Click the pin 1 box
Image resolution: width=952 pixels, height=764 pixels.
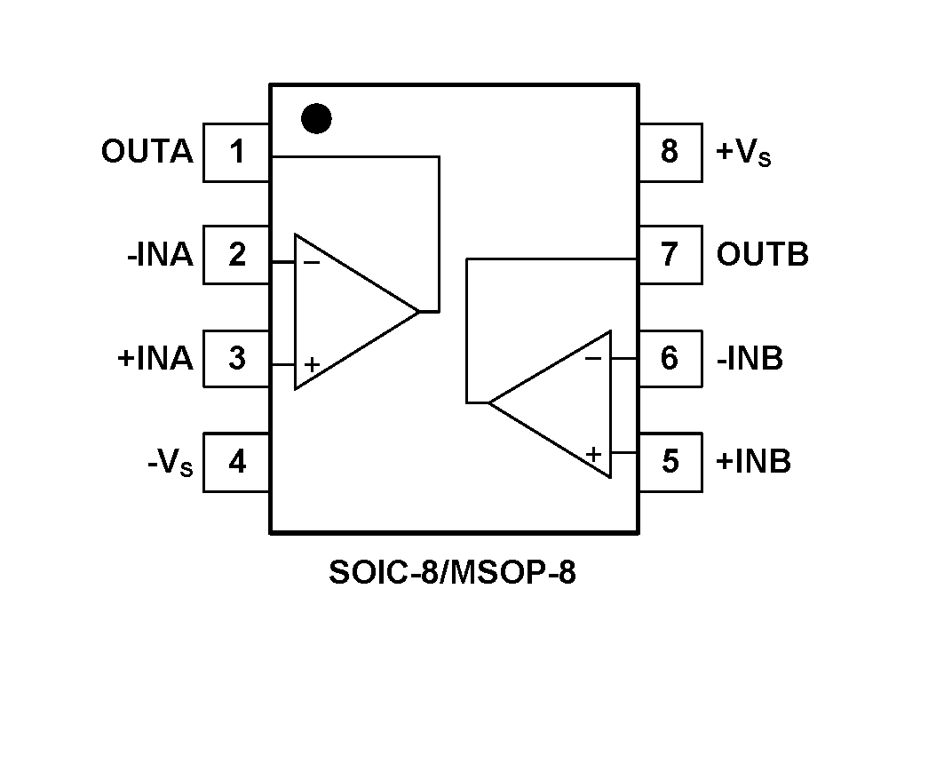236,153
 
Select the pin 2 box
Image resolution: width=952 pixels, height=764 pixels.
236,255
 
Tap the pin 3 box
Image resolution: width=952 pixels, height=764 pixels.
236,358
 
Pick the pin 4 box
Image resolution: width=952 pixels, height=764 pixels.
236,462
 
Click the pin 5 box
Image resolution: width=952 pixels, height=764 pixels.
670,462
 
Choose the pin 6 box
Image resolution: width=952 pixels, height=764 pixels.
670,358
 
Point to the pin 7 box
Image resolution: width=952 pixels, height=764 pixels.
670,255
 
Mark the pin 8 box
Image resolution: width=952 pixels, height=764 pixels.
670,153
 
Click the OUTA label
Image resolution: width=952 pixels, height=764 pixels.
147,152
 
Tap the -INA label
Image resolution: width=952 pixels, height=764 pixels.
160,255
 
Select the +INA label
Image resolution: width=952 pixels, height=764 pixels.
155,358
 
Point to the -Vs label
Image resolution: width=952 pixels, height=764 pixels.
170,463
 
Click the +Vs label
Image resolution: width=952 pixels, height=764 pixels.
743,154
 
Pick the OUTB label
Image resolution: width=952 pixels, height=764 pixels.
762,255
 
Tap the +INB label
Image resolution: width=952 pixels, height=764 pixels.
753,462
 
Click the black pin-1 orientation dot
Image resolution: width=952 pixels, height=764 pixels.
316,118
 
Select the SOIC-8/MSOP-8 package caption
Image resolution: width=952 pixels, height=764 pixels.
452,573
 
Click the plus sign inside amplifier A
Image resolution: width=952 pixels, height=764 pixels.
312,364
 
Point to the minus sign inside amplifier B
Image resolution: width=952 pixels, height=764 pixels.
593,359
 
